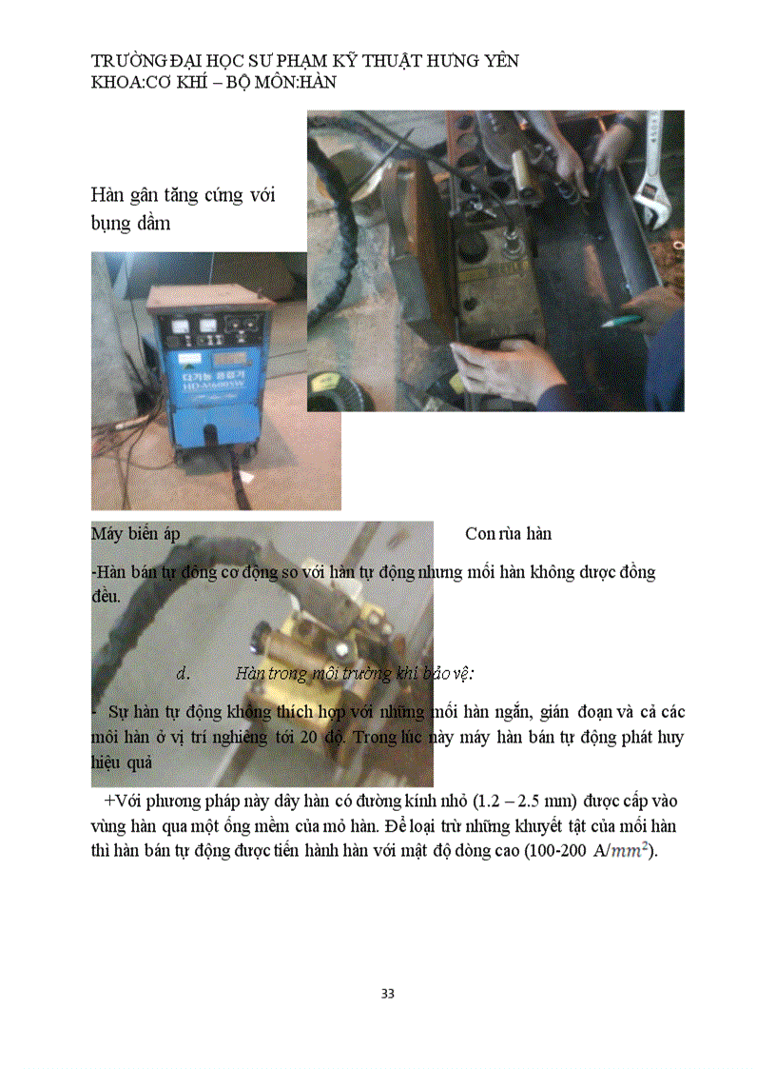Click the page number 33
[x=387, y=994]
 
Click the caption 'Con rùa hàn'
[x=508, y=533]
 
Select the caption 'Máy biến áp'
[x=135, y=533]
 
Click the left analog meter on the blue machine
[x=180, y=325]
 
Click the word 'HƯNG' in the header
[x=447, y=61]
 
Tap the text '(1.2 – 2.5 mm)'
[x=525, y=800]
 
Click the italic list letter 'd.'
[x=184, y=673]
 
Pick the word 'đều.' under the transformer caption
[x=106, y=597]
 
